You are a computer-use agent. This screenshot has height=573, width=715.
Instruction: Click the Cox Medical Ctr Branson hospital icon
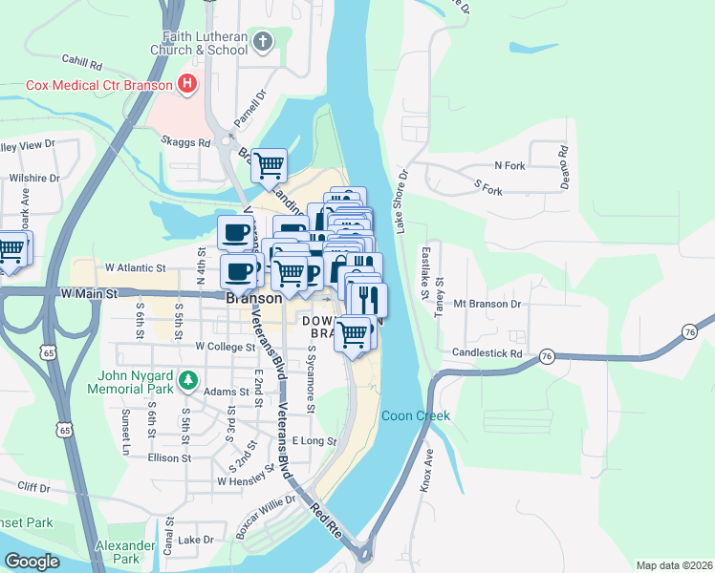click(x=187, y=84)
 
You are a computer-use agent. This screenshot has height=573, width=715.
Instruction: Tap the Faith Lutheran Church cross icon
click(x=264, y=41)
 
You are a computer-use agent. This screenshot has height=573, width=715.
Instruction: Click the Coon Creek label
click(x=415, y=416)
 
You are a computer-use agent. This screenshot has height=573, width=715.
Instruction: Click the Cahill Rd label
click(x=82, y=64)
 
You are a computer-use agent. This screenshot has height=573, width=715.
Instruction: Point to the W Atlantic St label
click(x=136, y=268)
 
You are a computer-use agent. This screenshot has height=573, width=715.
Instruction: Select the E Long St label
click(x=314, y=440)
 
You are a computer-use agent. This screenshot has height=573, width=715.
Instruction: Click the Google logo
click(x=32, y=562)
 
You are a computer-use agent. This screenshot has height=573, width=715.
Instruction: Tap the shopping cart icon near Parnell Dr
click(x=270, y=165)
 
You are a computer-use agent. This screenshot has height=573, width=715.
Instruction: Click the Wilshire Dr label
click(x=34, y=178)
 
